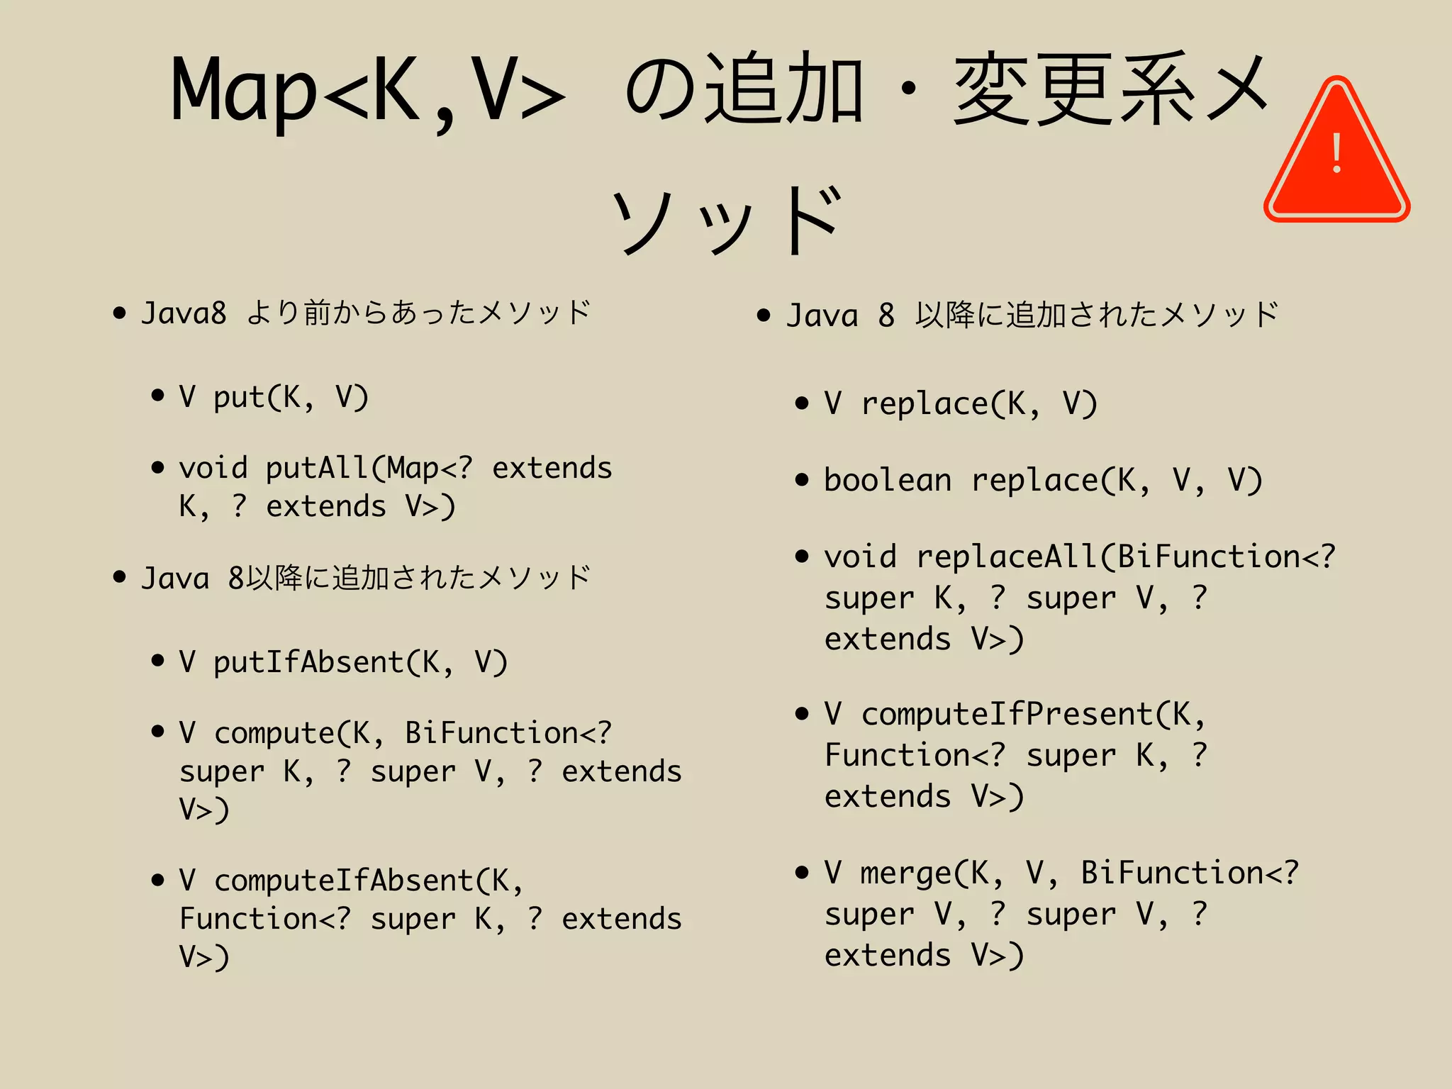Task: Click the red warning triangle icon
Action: click(x=1336, y=152)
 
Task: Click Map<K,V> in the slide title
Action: click(x=367, y=91)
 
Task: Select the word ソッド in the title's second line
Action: click(x=727, y=220)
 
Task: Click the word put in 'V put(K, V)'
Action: click(x=239, y=397)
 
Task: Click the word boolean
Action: click(x=887, y=481)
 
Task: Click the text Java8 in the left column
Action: click(x=184, y=313)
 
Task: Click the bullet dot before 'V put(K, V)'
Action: click(x=157, y=396)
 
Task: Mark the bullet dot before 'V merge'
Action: click(x=802, y=872)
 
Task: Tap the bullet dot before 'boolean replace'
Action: click(x=802, y=480)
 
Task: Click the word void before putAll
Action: click(x=213, y=468)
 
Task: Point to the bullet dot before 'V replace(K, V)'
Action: click(x=802, y=403)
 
